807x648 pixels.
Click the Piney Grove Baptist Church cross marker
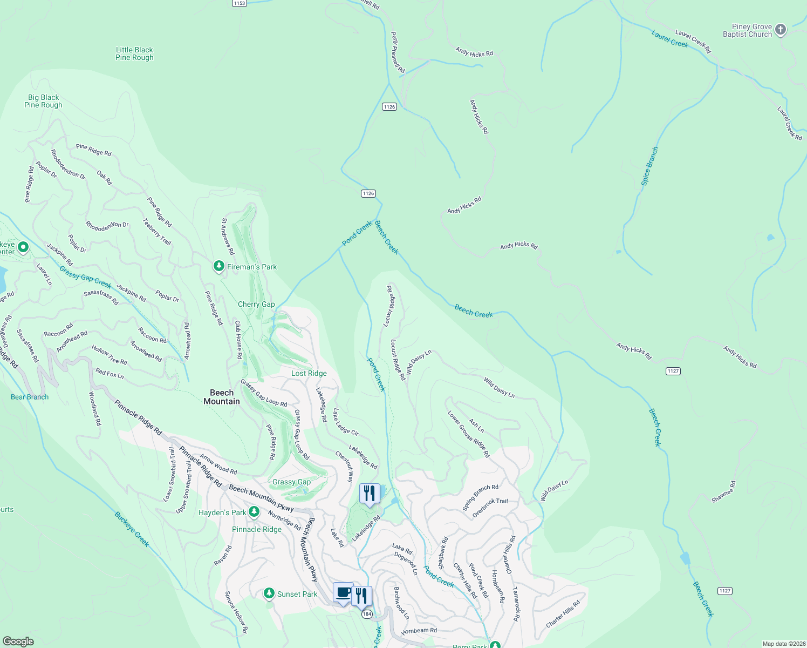click(781, 30)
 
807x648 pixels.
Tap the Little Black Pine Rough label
click(134, 53)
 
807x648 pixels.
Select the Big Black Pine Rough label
click(43, 102)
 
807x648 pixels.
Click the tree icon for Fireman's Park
click(218, 266)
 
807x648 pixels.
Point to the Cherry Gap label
click(256, 305)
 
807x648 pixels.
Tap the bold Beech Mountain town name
click(222, 397)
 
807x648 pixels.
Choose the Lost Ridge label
click(309, 373)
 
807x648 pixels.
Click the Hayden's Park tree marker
click(254, 511)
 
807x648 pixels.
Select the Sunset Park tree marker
click(269, 593)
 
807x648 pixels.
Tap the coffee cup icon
click(343, 592)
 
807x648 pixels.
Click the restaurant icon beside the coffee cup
click(361, 596)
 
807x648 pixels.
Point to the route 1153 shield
click(239, 3)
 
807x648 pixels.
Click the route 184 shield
click(367, 614)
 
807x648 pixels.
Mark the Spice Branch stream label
click(649, 166)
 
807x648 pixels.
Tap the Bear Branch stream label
click(30, 397)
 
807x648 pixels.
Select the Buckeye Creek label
click(132, 529)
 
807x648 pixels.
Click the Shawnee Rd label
click(723, 492)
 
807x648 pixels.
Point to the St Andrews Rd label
click(228, 237)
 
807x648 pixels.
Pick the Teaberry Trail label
click(157, 232)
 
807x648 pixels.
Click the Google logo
click(18, 642)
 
